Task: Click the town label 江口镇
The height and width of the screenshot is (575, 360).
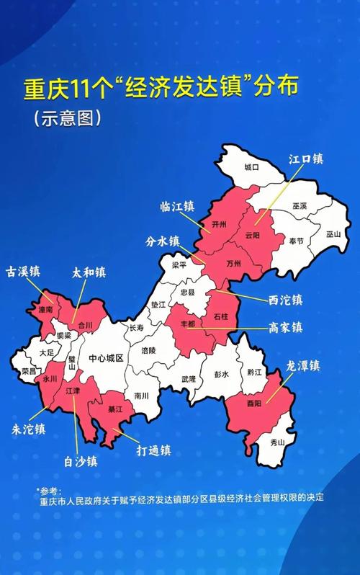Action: click(x=305, y=159)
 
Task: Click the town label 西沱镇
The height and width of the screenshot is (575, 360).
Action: click(x=284, y=298)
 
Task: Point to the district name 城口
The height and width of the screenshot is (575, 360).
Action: click(x=251, y=167)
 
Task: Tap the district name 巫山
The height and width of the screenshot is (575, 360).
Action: click(x=333, y=234)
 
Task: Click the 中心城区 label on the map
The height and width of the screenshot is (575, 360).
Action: click(x=107, y=358)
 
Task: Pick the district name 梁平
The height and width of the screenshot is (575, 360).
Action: click(x=179, y=265)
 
